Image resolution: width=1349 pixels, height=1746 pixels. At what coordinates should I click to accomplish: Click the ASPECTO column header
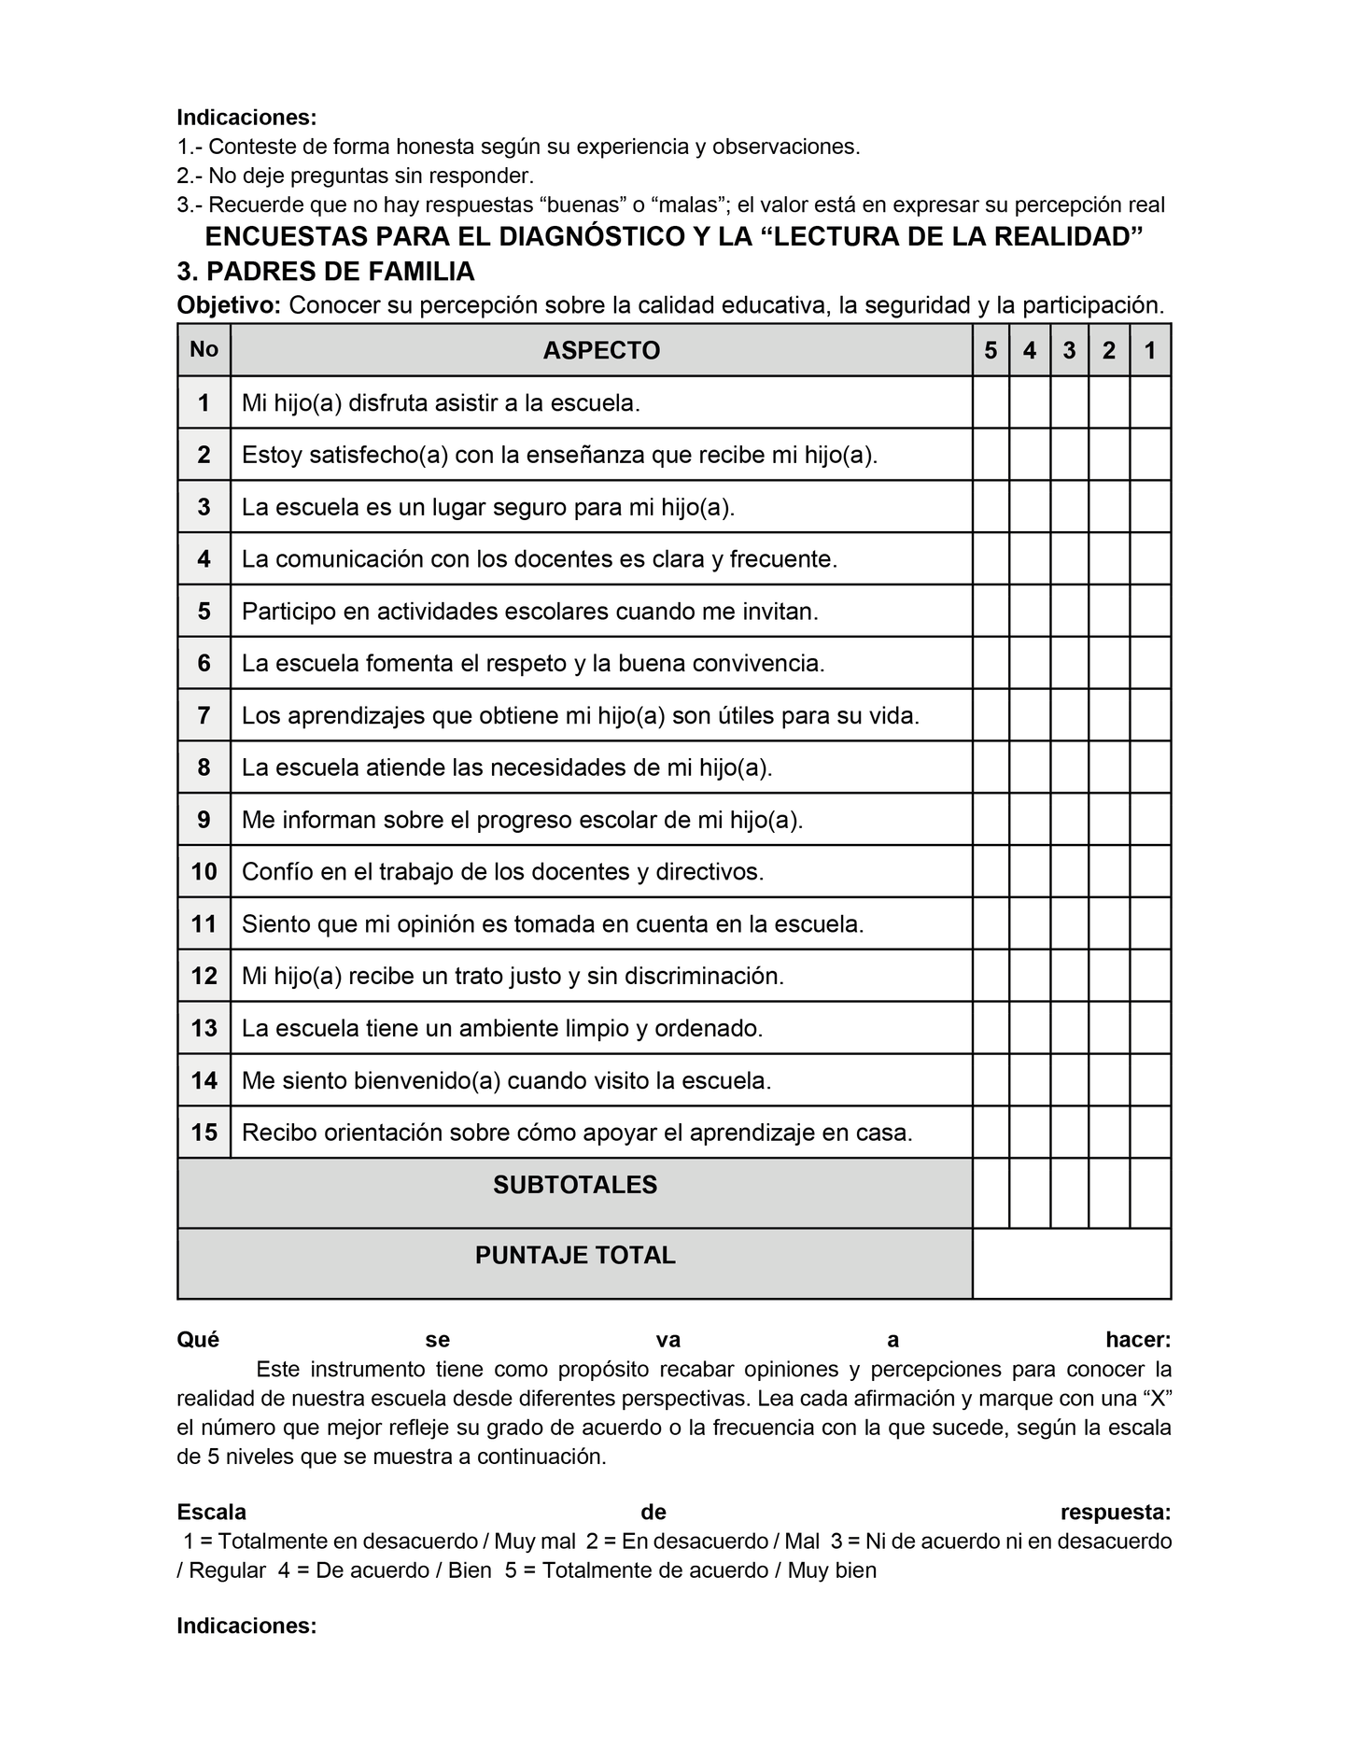(601, 351)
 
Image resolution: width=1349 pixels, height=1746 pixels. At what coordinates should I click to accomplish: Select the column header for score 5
(991, 351)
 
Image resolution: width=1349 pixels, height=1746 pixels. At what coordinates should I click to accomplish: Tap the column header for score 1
(1150, 351)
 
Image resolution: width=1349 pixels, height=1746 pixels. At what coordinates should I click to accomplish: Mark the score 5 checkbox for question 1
(991, 403)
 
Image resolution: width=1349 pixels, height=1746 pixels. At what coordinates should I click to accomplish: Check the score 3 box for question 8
(1069, 767)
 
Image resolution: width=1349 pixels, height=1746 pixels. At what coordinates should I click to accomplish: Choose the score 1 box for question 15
(1150, 1133)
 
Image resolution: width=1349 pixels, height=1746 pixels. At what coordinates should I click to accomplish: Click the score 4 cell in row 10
(1030, 872)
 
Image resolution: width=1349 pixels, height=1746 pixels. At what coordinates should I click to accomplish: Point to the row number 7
(204, 716)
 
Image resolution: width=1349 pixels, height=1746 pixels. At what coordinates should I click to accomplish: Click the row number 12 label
(204, 977)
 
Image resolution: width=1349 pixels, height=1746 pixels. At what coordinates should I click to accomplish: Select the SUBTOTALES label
(575, 1186)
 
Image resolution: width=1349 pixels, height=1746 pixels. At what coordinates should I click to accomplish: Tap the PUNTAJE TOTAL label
(575, 1256)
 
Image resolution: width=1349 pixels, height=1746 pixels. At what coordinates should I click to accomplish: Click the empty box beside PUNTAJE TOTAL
(1072, 1263)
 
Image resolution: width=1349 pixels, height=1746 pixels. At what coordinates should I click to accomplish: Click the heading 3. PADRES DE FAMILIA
(326, 272)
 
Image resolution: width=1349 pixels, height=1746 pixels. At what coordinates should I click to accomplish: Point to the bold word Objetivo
(228, 305)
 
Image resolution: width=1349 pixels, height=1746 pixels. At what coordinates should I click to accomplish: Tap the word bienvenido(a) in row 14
(427, 1081)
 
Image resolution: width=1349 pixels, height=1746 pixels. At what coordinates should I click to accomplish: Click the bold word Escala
(212, 1513)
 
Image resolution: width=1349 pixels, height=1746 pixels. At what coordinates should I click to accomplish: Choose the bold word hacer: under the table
(1137, 1341)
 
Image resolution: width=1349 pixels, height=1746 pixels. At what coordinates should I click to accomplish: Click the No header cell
(204, 350)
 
